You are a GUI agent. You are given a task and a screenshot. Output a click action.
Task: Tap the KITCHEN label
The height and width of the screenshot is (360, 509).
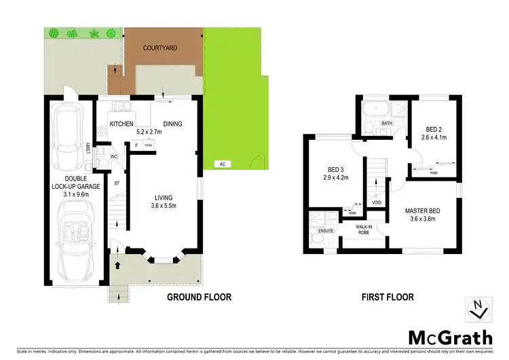[x=121, y=124]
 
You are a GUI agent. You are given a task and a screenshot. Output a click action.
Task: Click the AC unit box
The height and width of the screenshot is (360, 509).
[x=221, y=164]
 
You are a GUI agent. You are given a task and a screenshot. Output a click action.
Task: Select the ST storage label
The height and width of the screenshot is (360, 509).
[x=117, y=183]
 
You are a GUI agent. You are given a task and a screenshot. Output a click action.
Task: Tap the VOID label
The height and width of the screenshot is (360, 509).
[x=376, y=202]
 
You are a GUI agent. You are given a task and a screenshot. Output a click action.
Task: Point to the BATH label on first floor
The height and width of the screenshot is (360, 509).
[x=388, y=123]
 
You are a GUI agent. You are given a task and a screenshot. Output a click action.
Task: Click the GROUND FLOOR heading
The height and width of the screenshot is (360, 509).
[x=200, y=297]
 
